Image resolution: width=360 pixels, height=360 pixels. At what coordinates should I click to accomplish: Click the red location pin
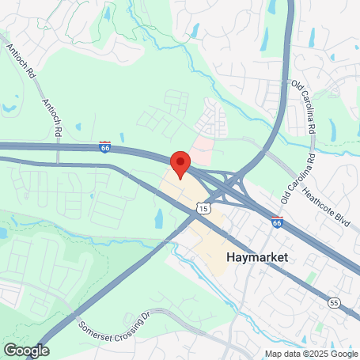pyautogui.click(x=180, y=164)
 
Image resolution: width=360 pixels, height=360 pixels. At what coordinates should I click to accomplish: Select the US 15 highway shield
pyautogui.click(x=204, y=208)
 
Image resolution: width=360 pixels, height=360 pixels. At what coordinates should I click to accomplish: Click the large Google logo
pyautogui.click(x=26, y=350)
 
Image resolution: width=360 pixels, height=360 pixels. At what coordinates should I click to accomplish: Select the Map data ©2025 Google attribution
pyautogui.click(x=311, y=353)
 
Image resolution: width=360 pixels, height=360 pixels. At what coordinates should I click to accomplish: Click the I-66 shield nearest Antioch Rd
pyautogui.click(x=105, y=146)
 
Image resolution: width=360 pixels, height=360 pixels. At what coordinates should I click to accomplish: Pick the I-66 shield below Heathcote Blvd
pyautogui.click(x=277, y=223)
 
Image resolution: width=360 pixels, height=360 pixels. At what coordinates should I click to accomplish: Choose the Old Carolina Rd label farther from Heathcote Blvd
pyautogui.click(x=304, y=106)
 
